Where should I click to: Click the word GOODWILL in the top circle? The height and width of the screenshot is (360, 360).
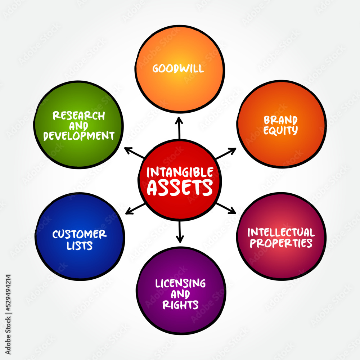pyautogui.click(x=178, y=68)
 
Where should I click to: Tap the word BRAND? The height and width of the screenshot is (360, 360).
pyautogui.click(x=280, y=120)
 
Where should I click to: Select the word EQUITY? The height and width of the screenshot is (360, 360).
pyautogui.click(x=280, y=130)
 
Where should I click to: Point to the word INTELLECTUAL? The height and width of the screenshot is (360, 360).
pyautogui.click(x=281, y=232)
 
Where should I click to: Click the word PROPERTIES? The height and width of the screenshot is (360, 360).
pyautogui.click(x=281, y=243)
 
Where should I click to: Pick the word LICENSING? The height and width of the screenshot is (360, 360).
pyautogui.click(x=180, y=283)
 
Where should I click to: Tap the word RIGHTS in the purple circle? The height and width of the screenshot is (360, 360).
pyautogui.click(x=180, y=305)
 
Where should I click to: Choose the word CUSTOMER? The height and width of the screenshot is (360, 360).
pyautogui.click(x=80, y=234)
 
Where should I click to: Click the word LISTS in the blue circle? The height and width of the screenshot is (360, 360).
pyautogui.click(x=80, y=246)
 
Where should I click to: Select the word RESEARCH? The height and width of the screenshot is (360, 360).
pyautogui.click(x=79, y=116)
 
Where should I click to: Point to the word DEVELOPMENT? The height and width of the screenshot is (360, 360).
pyautogui.click(x=78, y=136)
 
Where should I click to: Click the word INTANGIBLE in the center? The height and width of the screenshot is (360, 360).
pyautogui.click(x=180, y=172)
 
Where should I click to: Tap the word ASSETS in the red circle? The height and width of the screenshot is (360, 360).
pyautogui.click(x=180, y=188)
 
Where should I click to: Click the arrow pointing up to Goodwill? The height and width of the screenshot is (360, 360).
pyautogui.click(x=179, y=127)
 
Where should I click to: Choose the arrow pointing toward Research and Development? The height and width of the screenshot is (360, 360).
pyautogui.click(x=135, y=153)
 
